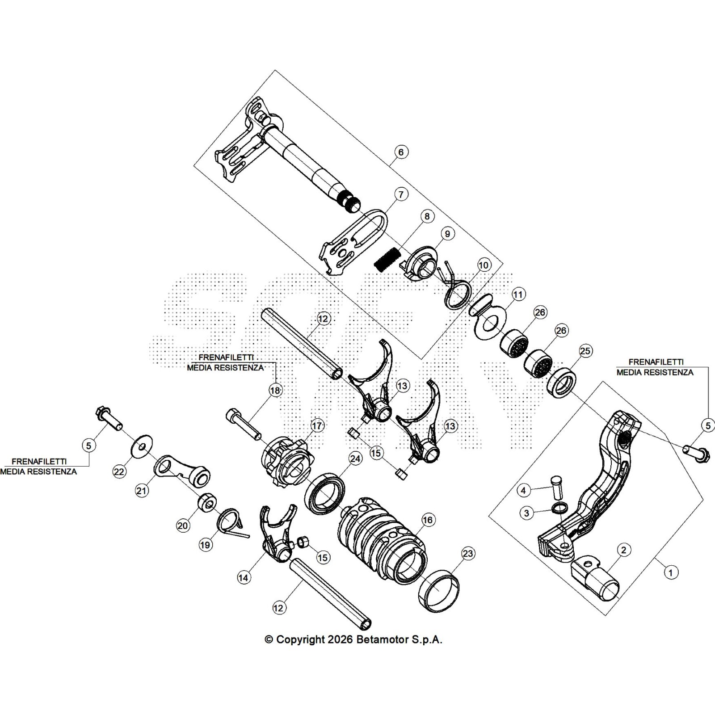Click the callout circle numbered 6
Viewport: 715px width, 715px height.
[401, 152]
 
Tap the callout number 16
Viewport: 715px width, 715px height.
[428, 520]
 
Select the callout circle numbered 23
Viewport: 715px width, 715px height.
[467, 554]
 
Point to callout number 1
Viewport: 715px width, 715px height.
[671, 572]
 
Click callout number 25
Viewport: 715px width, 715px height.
[585, 351]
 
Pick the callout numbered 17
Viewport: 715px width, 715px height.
[317, 425]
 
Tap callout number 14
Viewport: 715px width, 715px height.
[243, 577]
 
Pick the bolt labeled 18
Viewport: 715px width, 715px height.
[244, 423]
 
